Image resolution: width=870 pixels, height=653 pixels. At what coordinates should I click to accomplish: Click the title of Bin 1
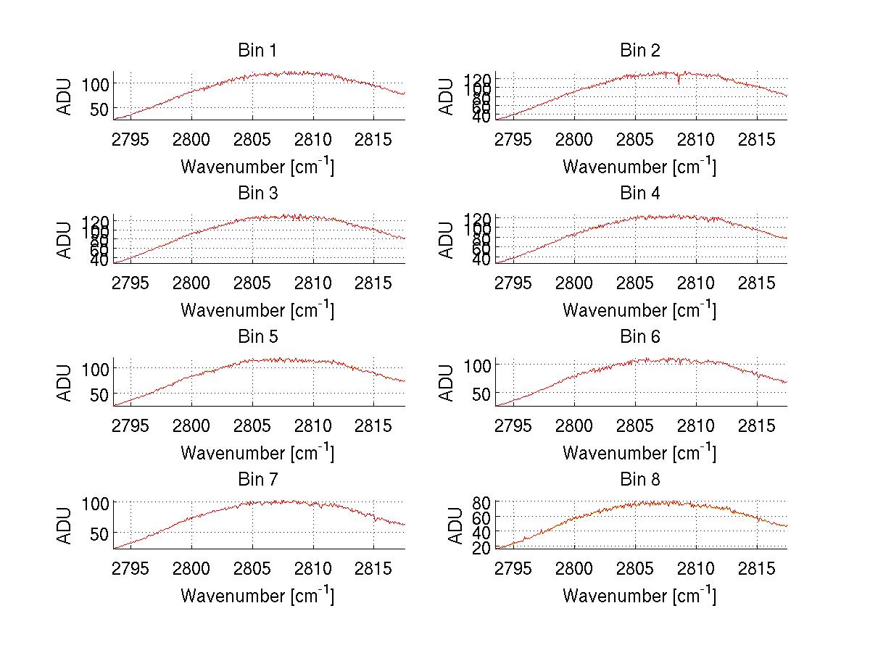257,51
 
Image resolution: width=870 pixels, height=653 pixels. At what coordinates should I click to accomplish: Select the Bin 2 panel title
639,51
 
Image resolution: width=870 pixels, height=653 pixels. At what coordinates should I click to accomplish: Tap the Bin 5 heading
257,337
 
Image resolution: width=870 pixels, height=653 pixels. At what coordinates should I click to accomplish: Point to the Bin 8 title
639,480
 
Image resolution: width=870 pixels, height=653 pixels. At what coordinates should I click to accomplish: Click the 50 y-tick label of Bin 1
99,109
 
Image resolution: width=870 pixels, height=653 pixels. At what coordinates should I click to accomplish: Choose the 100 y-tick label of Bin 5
95,368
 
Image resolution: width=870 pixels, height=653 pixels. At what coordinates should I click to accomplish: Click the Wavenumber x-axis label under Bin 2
639,167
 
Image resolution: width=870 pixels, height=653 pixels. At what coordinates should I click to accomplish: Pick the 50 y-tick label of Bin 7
99,533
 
